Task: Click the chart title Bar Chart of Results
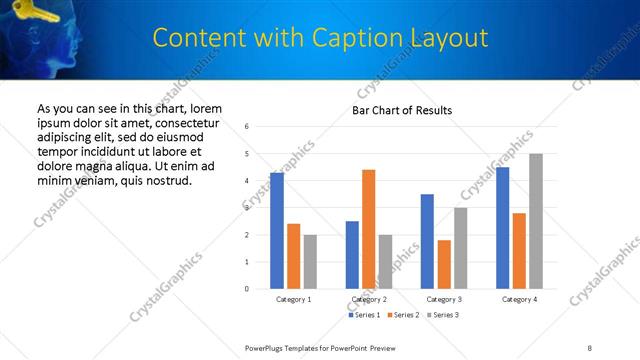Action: (402, 110)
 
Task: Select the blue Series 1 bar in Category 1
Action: (277, 231)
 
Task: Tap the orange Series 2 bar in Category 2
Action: (368, 229)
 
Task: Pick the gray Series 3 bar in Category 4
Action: (535, 221)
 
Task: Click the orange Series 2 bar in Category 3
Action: (443, 264)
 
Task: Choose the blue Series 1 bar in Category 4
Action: (502, 228)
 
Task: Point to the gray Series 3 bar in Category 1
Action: (310, 262)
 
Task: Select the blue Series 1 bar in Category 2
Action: (352, 255)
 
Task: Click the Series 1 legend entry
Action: (362, 315)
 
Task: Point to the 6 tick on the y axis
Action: (246, 127)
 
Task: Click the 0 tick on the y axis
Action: (246, 289)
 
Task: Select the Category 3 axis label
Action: (443, 299)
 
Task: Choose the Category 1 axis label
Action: (293, 299)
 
